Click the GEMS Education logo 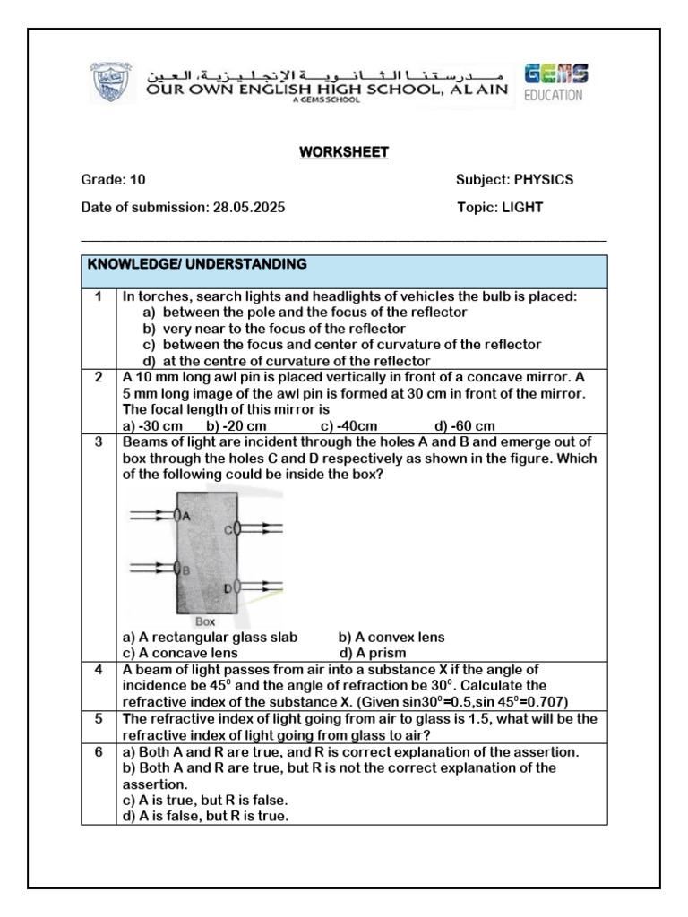pyautogui.click(x=555, y=82)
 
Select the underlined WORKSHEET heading pyautogui.click(x=344, y=152)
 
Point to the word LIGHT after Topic pyautogui.click(x=522, y=207)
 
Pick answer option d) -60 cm pyautogui.click(x=464, y=425)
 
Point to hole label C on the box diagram pyautogui.click(x=228, y=530)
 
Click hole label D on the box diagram pyautogui.click(x=228, y=587)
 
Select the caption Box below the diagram pyautogui.click(x=205, y=621)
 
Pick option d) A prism pyautogui.click(x=372, y=653)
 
